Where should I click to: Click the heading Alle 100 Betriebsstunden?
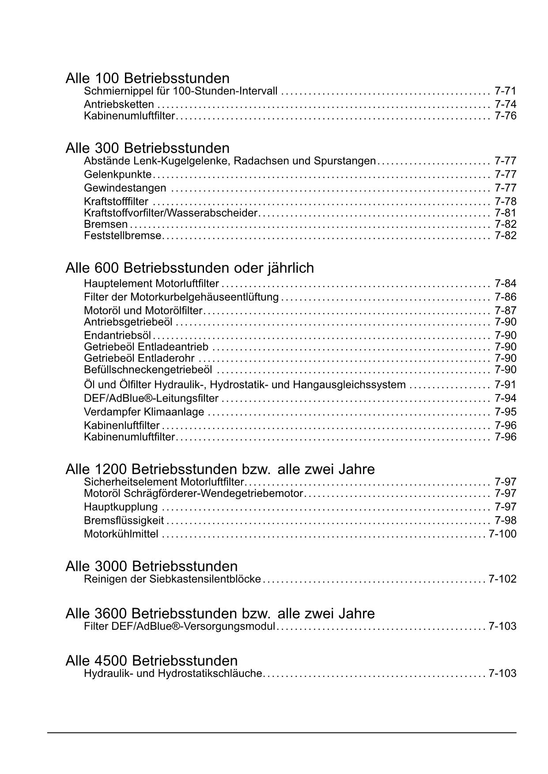point(147,78)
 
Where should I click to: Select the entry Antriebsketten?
point(119,105)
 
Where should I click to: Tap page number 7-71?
point(505,91)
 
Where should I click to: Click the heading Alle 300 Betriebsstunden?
point(147,147)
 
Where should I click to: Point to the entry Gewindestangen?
point(125,188)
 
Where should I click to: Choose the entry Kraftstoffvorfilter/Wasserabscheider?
point(170,213)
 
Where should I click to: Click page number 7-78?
point(505,202)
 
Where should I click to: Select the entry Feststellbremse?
point(123,236)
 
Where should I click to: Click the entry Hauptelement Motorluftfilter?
point(151,283)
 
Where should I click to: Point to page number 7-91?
point(505,384)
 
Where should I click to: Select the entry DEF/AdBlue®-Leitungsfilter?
point(151,398)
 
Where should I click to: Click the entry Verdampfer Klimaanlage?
point(144,412)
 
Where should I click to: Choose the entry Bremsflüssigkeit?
point(124,521)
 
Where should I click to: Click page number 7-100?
point(502,534)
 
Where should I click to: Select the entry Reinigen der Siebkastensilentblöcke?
point(172,579)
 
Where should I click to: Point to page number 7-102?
point(502,579)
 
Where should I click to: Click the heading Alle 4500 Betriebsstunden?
point(151,661)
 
